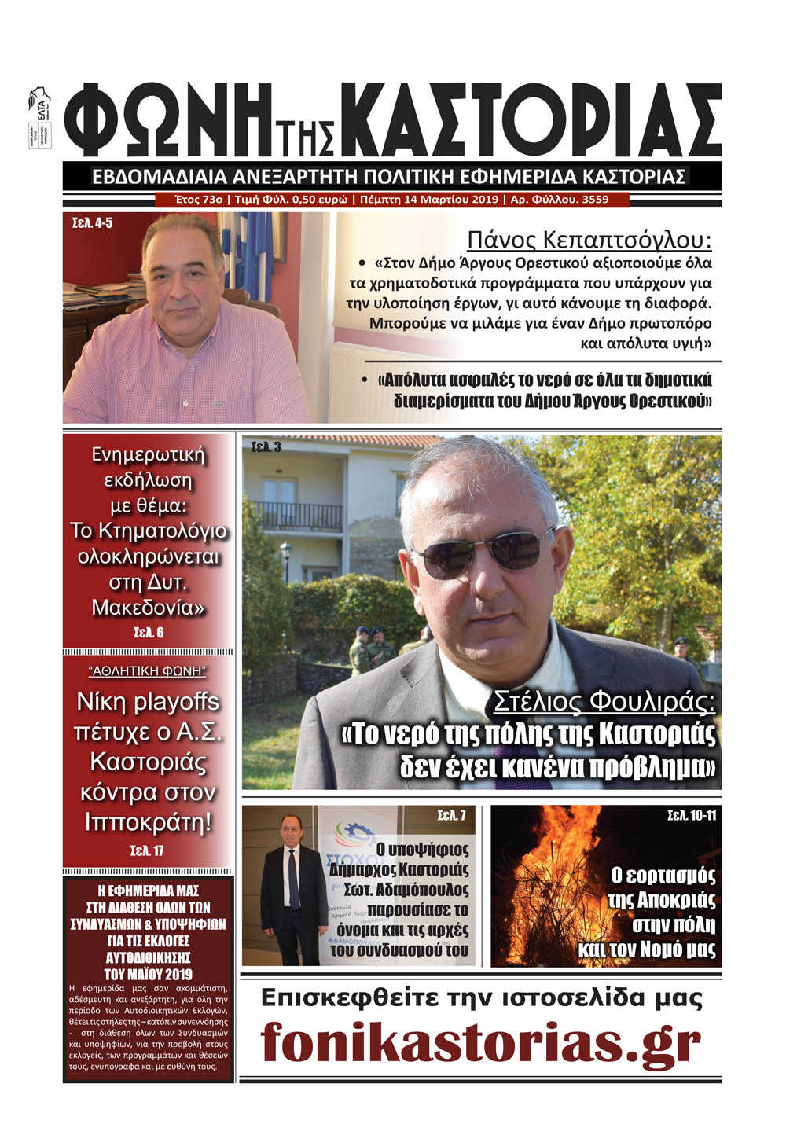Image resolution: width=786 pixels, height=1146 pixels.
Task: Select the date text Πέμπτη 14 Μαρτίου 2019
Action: (429, 200)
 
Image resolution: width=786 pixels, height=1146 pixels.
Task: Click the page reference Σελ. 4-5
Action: (92, 223)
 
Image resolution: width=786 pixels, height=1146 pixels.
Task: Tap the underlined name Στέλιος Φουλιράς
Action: (604, 701)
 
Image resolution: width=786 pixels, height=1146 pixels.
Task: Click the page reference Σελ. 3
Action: (266, 447)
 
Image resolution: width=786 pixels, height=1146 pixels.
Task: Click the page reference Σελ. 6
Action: (148, 632)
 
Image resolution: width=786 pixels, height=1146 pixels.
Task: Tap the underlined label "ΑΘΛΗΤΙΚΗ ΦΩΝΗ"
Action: (148, 671)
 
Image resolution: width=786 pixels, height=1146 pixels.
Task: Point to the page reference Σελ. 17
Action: (148, 850)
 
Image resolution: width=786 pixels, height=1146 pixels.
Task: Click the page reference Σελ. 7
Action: (451, 816)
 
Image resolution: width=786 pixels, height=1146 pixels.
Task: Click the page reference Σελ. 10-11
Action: (692, 814)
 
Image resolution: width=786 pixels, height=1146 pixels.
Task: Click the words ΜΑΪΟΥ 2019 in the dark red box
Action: (149, 975)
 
